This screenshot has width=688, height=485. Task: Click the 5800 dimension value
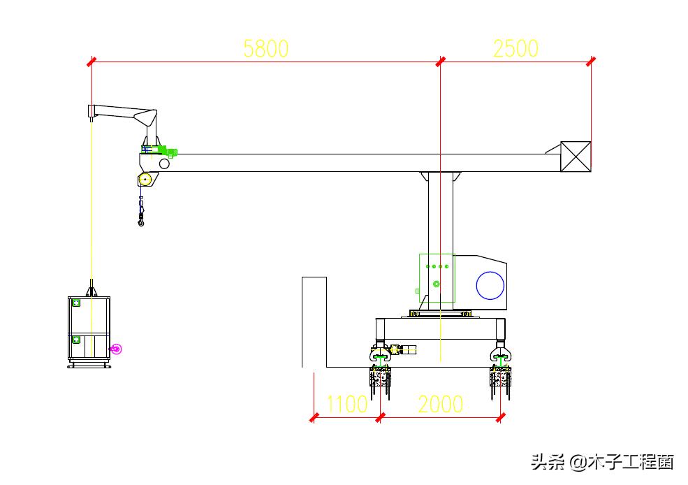click(x=265, y=48)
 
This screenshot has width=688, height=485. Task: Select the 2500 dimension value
click(x=515, y=48)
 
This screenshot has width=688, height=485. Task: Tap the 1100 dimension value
click(x=346, y=404)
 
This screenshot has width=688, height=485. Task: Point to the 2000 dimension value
click(x=440, y=404)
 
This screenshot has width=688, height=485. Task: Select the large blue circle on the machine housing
click(x=490, y=285)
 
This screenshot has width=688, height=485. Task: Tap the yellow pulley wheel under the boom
click(x=145, y=180)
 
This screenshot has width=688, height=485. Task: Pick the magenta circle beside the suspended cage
click(x=116, y=349)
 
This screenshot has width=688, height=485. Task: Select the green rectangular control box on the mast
click(x=437, y=278)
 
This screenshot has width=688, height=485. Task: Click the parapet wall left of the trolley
click(x=314, y=321)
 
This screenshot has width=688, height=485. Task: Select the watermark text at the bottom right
click(x=601, y=461)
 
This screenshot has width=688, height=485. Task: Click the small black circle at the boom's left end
click(x=164, y=164)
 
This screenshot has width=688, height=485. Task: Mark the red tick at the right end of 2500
click(x=591, y=61)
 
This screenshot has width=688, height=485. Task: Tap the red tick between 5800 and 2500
click(x=440, y=61)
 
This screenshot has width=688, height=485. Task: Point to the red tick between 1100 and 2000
click(x=380, y=417)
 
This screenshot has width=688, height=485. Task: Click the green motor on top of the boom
click(x=168, y=150)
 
